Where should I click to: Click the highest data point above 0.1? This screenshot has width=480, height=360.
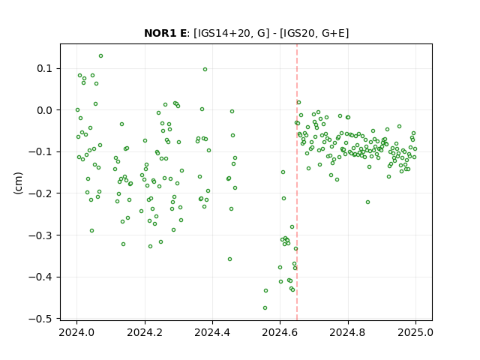click(100, 56)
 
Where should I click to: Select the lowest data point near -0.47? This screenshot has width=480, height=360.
click(265, 308)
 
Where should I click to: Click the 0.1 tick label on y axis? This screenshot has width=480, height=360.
click(45, 68)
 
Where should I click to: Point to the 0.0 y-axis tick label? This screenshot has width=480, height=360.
click(45, 110)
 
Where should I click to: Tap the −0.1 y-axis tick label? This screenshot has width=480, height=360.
click(40, 151)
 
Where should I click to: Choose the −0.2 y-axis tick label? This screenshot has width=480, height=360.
click(40, 193)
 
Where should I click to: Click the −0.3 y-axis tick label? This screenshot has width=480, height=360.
click(40, 235)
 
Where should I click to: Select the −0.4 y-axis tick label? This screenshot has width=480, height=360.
click(40, 277)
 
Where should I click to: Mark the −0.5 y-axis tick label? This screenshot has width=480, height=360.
click(40, 319)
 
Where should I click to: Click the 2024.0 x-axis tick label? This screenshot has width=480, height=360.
click(76, 332)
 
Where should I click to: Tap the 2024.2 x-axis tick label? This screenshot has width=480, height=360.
click(145, 332)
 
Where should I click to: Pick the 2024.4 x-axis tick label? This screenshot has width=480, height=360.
click(212, 332)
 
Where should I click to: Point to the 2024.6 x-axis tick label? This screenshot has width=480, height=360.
click(280, 332)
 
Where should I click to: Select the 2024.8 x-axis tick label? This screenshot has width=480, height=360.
click(348, 332)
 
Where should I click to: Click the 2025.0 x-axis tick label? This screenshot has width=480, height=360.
click(415, 332)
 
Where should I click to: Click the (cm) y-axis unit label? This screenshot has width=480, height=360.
click(18, 183)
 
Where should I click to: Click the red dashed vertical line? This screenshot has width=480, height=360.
click(297, 182)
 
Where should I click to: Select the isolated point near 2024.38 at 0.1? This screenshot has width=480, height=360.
click(205, 70)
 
